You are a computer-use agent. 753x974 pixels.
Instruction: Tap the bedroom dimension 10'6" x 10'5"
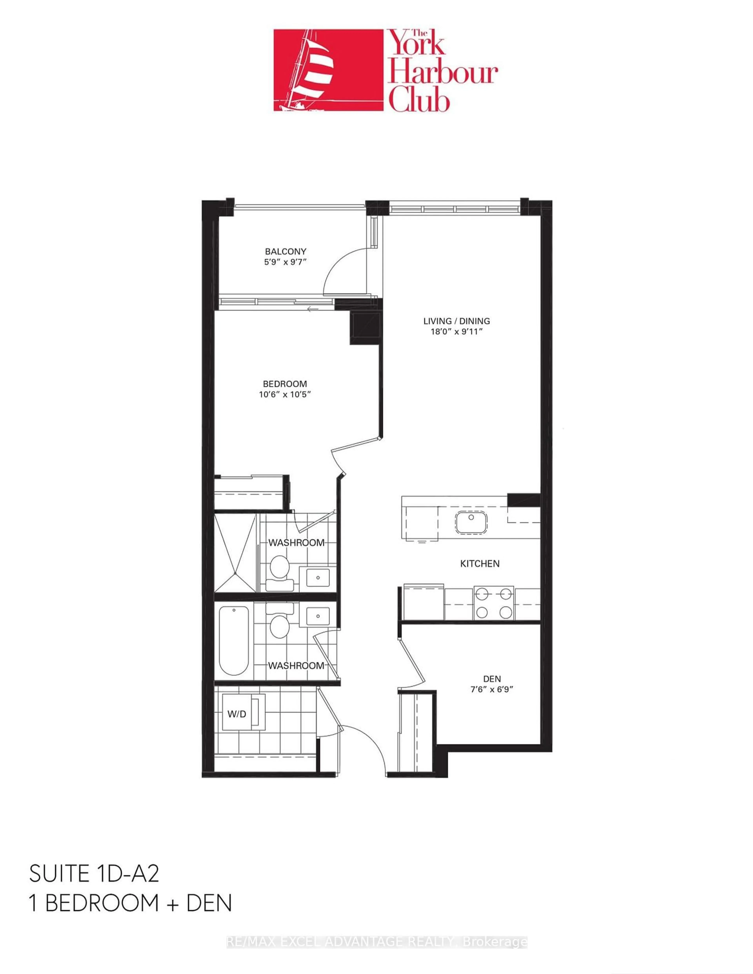pos(285,394)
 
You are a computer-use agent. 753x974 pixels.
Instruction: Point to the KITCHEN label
pos(480,564)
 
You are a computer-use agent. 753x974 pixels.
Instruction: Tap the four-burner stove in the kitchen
pos(493,603)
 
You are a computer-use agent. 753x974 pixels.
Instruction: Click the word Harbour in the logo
pos(442,74)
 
